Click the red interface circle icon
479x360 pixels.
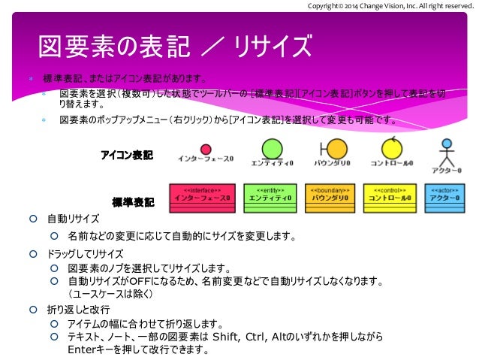[x=206, y=149]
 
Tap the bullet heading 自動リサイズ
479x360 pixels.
[x=73, y=219]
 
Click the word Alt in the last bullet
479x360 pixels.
[x=283, y=337]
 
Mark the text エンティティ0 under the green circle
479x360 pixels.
[x=271, y=162]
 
